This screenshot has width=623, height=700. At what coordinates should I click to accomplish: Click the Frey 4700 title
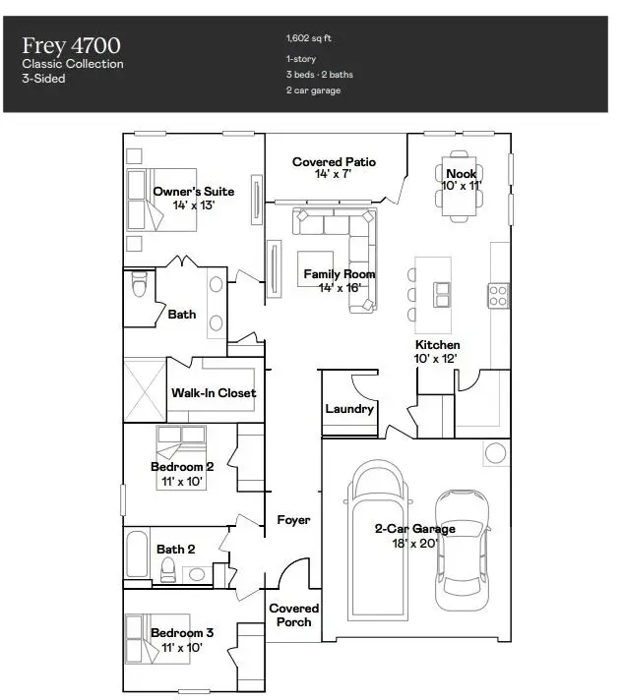coord(60,46)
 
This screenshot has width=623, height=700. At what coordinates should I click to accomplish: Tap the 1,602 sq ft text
coord(310,39)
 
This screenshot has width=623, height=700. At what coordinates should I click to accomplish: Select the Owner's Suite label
coord(193,192)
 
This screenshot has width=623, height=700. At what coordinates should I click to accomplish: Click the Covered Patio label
coord(334,162)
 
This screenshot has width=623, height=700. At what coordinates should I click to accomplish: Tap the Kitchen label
coord(437,345)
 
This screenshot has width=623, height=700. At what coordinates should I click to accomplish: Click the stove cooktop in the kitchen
coord(498,291)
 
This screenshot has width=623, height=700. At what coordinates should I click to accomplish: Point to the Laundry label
coord(349,409)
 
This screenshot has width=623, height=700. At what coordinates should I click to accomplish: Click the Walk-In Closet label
coord(214,393)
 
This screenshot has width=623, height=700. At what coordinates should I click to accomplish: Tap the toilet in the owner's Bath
coord(140,286)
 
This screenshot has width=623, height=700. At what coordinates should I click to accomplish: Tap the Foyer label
coord(293,520)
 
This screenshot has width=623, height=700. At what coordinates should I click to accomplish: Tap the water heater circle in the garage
coord(494,453)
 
